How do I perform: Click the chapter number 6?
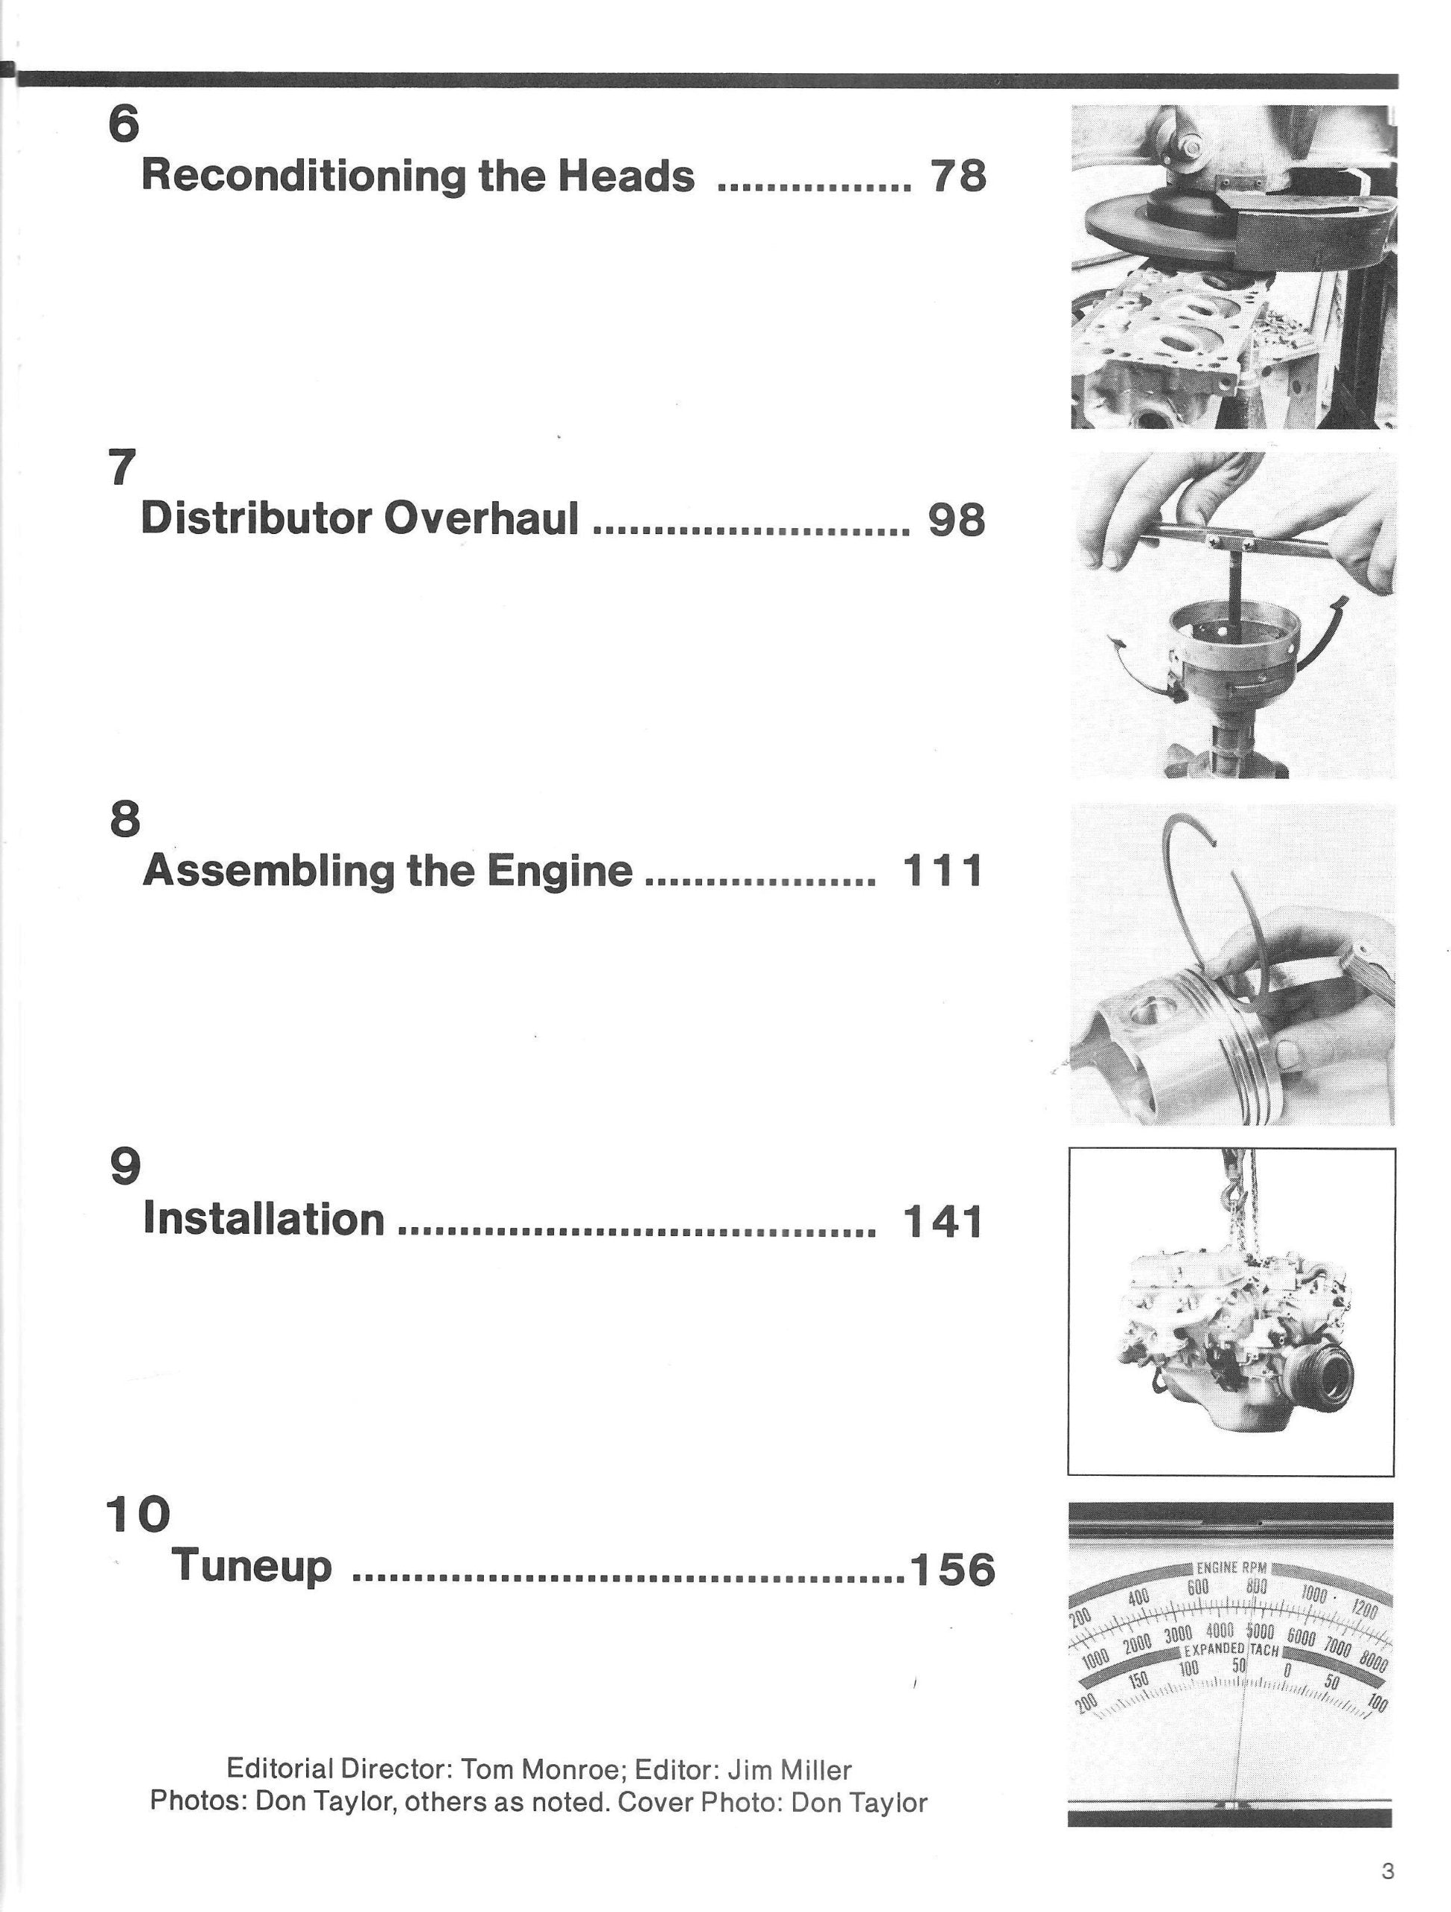pyautogui.click(x=122, y=125)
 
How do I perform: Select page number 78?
pyautogui.click(x=957, y=176)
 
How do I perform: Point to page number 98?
pyautogui.click(x=956, y=521)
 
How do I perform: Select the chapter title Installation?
pyautogui.click(x=264, y=1219)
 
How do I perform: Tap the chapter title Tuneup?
pyautogui.click(x=252, y=1565)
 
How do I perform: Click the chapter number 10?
pyautogui.click(x=138, y=1515)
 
